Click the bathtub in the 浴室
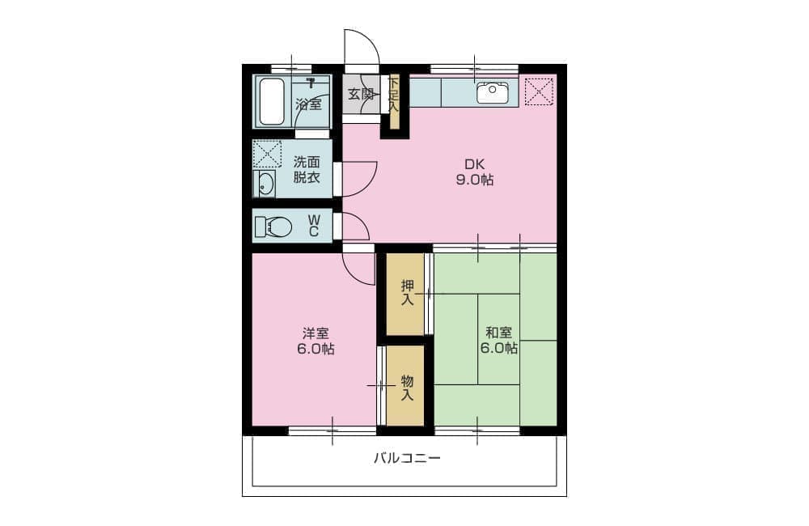pyautogui.click(x=271, y=102)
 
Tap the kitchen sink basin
pyautogui.click(x=492, y=93)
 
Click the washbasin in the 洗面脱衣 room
pyautogui.click(x=265, y=184)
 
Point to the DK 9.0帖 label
pyautogui.click(x=475, y=172)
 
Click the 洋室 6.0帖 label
pyautogui.click(x=316, y=341)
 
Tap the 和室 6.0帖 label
pyautogui.click(x=499, y=340)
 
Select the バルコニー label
pyautogui.click(x=407, y=458)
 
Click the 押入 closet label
pyautogui.click(x=408, y=292)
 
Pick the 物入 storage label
pyautogui.click(x=408, y=388)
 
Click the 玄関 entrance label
pyautogui.click(x=361, y=94)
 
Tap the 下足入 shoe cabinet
pyautogui.click(x=394, y=102)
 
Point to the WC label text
pyautogui.click(x=313, y=226)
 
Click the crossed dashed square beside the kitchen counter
pyautogui.click(x=539, y=92)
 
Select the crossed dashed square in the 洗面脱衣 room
pyautogui.click(x=267, y=154)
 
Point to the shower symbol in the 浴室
pyautogui.click(x=311, y=83)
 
